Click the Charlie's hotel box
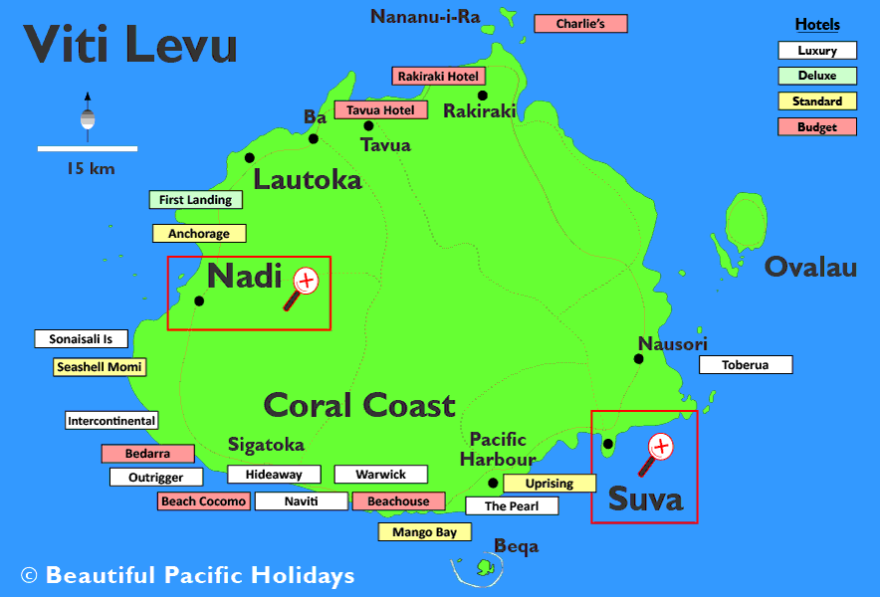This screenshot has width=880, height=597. coord(580,24)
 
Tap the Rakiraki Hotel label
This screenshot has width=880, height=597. coord(438,76)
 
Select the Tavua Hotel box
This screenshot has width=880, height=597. coord(380,109)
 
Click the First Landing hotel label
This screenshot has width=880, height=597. coord(195,200)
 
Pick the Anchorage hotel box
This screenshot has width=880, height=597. coord(198,234)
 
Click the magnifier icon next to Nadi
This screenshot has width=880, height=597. coord(301,287)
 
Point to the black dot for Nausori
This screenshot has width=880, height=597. coord(640,358)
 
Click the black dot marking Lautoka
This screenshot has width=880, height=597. coord(249,157)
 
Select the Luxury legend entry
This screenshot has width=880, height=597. coord(816,51)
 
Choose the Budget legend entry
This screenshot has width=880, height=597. coord(816,127)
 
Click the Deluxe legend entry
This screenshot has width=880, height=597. coord(816,76)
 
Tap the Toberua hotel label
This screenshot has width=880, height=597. coord(745,365)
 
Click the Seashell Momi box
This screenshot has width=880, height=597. coord(100,367)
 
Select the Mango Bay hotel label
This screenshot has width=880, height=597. coord(424,532)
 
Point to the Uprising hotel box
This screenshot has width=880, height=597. coord(549,484)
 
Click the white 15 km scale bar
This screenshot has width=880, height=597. coord(87,149)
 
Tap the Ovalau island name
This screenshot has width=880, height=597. coord(810,267)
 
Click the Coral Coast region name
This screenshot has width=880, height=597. coord(359,405)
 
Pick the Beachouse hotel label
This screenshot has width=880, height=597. coord(397,501)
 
